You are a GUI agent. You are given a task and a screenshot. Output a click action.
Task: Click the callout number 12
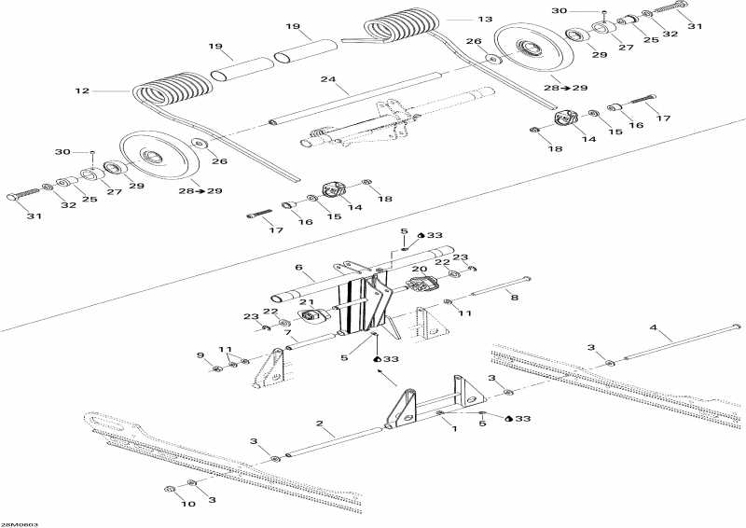pyautogui.click(x=81, y=91)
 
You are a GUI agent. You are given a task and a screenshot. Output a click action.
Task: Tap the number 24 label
pyautogui.click(x=326, y=80)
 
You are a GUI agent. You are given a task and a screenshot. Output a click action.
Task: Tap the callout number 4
pyautogui.click(x=653, y=327)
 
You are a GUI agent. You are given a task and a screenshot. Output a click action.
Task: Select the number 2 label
pyautogui.click(x=320, y=428)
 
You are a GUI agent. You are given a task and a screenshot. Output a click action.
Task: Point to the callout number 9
pyautogui.click(x=199, y=354)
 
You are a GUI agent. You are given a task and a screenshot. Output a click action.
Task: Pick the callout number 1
pyautogui.click(x=453, y=428)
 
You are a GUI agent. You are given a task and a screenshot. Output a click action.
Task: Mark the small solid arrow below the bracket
pyautogui.click(x=385, y=375)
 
